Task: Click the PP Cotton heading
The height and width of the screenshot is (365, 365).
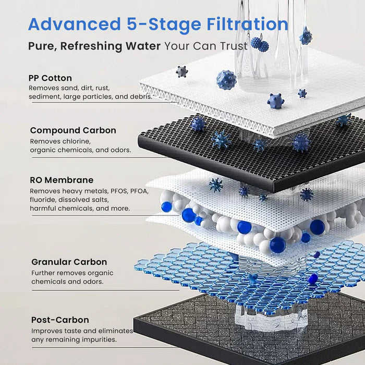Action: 51,78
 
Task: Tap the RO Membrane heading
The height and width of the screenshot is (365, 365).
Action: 62,180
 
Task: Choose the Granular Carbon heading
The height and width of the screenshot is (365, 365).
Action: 69,262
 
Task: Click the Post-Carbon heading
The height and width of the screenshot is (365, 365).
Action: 60,320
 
